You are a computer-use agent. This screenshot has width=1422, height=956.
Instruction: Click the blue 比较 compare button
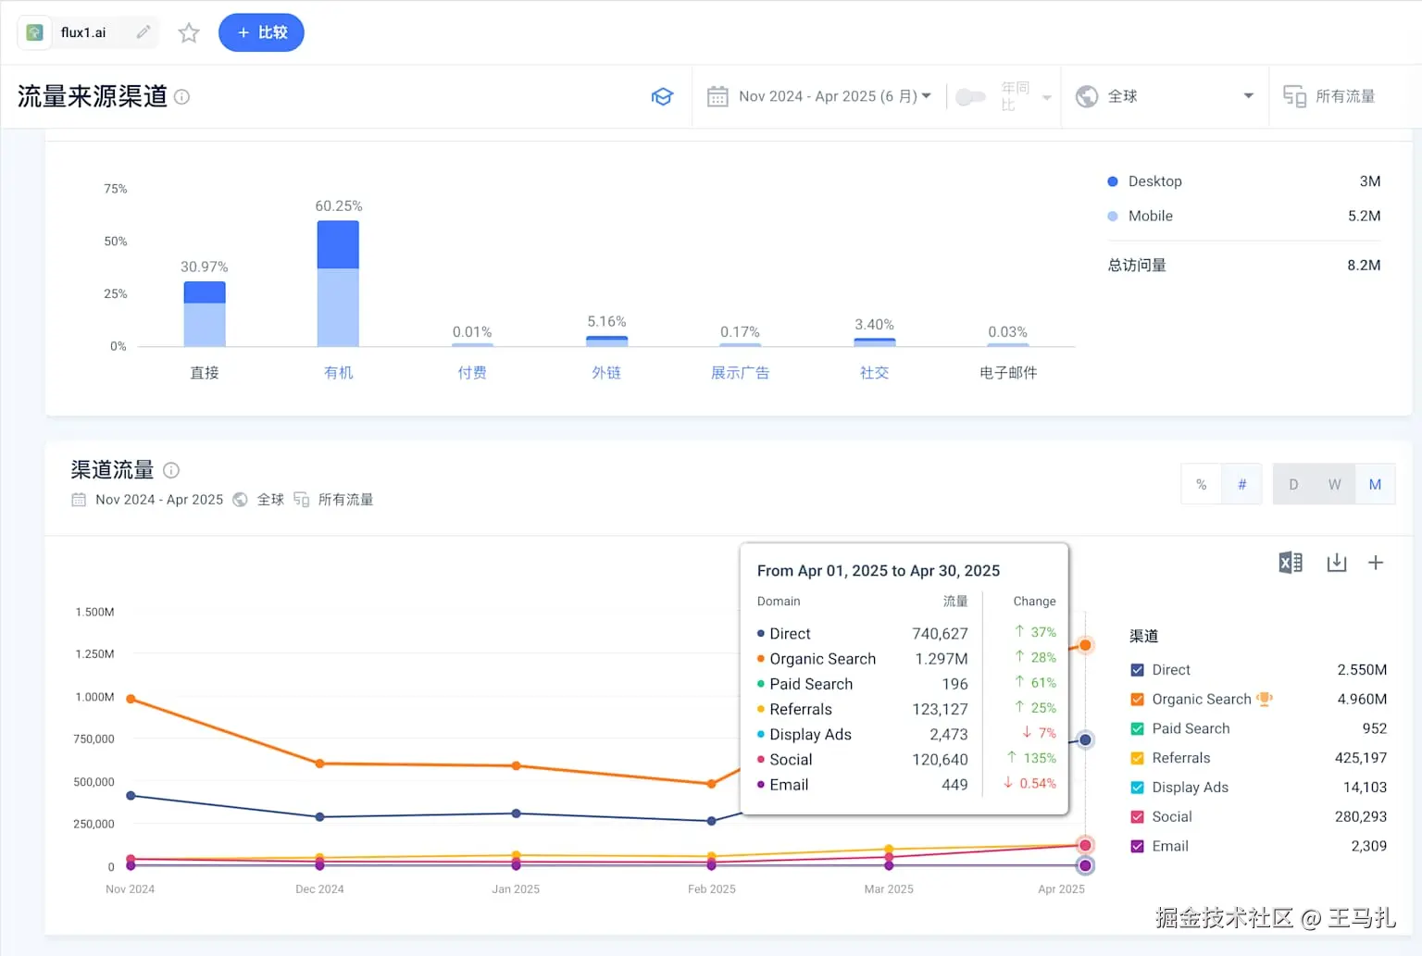(x=261, y=32)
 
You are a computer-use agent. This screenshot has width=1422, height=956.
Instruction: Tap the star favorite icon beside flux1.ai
(x=189, y=33)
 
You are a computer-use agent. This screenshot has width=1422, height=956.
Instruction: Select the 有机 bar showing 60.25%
(x=338, y=283)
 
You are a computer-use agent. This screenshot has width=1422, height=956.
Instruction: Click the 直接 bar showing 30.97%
(x=205, y=314)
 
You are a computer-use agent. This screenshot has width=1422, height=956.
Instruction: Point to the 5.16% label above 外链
(x=606, y=321)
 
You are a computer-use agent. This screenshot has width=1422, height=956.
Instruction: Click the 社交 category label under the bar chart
(x=874, y=372)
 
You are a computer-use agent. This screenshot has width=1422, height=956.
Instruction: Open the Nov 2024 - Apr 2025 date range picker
(x=819, y=96)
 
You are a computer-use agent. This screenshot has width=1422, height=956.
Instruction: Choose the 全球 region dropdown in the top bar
(x=1165, y=96)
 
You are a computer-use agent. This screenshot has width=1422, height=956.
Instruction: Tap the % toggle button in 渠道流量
(x=1201, y=484)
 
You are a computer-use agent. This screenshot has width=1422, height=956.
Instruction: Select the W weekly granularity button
(x=1334, y=484)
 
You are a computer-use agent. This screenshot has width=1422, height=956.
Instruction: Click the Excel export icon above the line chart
(x=1291, y=563)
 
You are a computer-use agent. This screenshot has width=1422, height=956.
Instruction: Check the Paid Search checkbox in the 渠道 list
(x=1138, y=729)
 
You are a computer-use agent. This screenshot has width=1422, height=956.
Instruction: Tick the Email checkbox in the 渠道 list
(x=1138, y=846)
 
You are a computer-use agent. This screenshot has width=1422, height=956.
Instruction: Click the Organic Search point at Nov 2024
(x=131, y=699)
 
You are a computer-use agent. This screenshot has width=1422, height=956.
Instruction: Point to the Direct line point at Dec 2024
(x=319, y=816)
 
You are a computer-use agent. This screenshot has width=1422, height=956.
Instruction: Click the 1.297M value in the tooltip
(x=942, y=659)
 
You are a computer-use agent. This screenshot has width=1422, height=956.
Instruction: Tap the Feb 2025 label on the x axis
(x=711, y=889)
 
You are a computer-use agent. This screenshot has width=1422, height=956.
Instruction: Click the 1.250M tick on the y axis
(x=94, y=654)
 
